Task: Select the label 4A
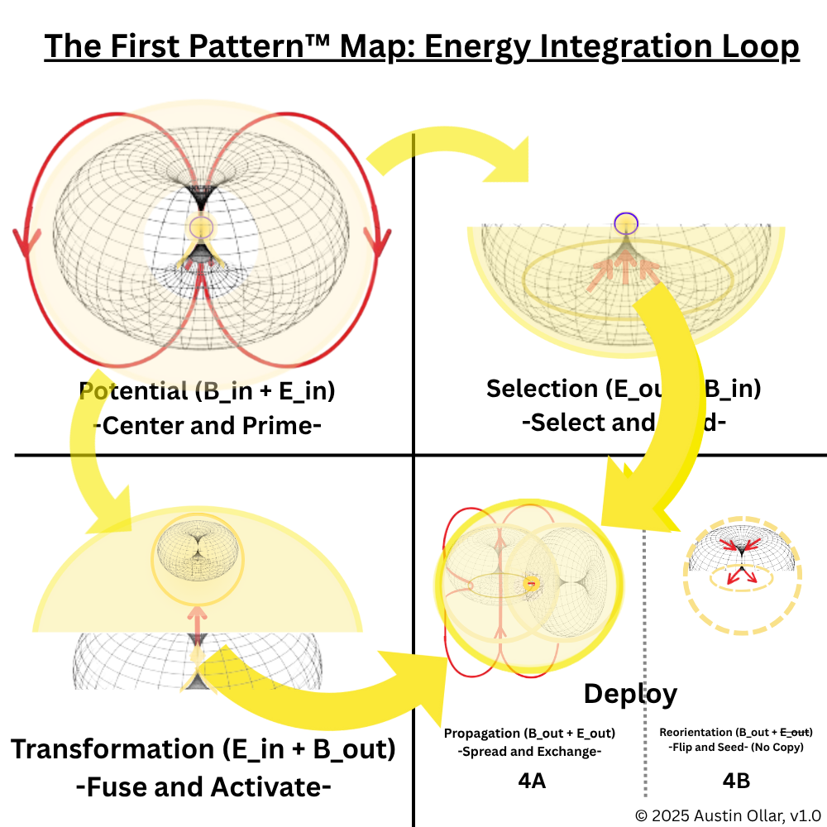click(530, 780)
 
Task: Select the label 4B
click(736, 780)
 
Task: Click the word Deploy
click(630, 694)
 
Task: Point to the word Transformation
click(112, 750)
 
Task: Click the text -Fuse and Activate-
click(203, 787)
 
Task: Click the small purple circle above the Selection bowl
click(627, 222)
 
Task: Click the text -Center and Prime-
click(207, 425)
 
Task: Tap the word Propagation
click(481, 733)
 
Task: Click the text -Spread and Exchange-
click(529, 752)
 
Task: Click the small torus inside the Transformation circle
click(196, 547)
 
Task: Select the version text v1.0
click(805, 814)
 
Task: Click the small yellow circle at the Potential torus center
click(199, 226)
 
